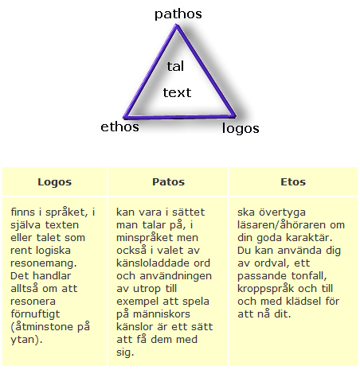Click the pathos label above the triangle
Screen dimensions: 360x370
click(178, 14)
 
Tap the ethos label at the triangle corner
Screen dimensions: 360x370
click(119, 127)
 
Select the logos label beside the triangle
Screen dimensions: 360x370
click(241, 129)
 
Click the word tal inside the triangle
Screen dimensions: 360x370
click(175, 66)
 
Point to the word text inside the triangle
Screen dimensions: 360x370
click(177, 93)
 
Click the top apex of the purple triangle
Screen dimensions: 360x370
click(177, 25)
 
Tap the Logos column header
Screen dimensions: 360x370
click(55, 182)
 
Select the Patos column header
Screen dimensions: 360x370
click(168, 182)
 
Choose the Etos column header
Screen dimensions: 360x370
click(293, 182)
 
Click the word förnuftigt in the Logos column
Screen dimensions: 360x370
click(35, 314)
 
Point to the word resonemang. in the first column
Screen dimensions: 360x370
click(44, 263)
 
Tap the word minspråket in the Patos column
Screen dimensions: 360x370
click(145, 238)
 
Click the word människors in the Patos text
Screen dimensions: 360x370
click(162, 314)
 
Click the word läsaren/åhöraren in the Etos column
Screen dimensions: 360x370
click(282, 225)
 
